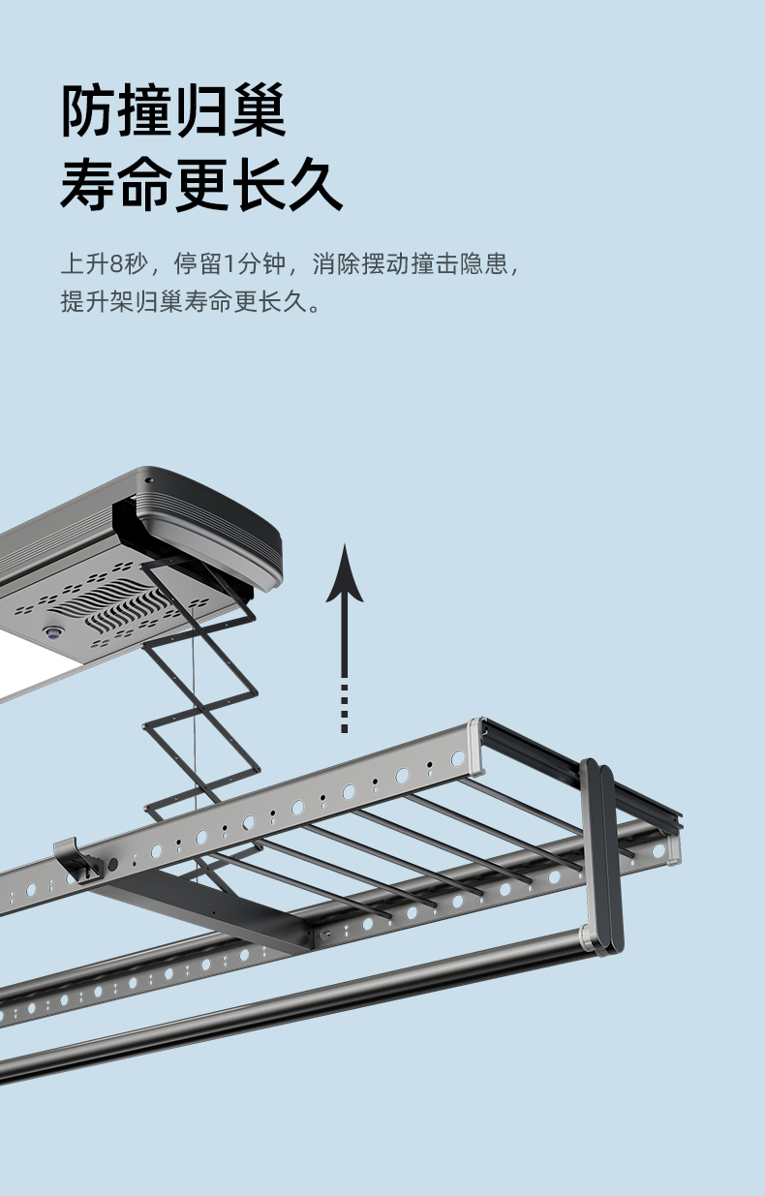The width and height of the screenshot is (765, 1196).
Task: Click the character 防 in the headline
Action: pyautogui.click(x=88, y=109)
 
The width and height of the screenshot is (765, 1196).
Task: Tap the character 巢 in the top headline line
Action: pyautogui.click(x=258, y=109)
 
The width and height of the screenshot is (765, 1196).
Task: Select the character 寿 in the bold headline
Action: pyautogui.click(x=88, y=184)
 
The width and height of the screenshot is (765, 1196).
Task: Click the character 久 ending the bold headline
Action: pyautogui.click(x=315, y=184)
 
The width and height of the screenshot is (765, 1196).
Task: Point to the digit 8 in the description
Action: pyautogui.click(x=116, y=263)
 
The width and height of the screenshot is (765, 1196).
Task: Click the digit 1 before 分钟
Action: pyautogui.click(x=229, y=263)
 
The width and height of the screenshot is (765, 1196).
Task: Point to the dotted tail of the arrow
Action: pyautogui.click(x=345, y=708)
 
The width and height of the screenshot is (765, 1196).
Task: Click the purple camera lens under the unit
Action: pyautogui.click(x=52, y=632)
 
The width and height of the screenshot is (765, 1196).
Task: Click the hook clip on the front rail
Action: pyautogui.click(x=77, y=861)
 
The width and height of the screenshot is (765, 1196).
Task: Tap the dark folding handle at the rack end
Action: pyautogui.click(x=602, y=856)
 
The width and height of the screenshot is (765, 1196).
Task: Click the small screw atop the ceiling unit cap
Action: pyautogui.click(x=149, y=480)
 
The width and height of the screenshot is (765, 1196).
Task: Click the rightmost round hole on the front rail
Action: pyautogui.click(x=458, y=758)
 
